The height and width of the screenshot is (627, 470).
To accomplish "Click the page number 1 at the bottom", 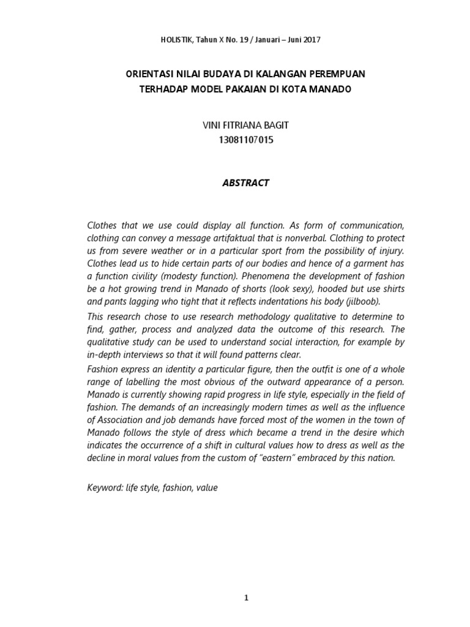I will point(245,581).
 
